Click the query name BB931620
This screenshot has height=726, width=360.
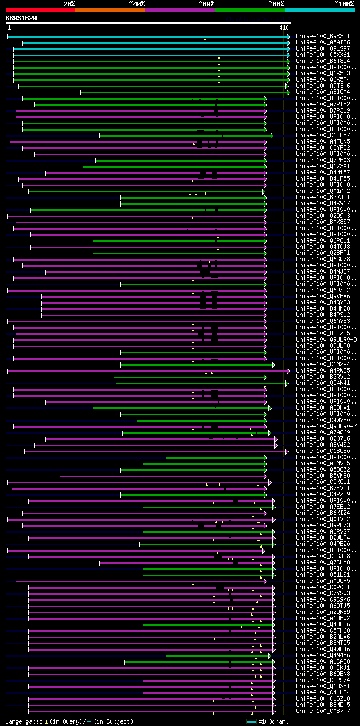click(21, 18)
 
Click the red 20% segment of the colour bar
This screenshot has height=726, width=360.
click(40, 10)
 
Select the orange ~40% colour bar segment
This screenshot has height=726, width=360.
click(110, 10)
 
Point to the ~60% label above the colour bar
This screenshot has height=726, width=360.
click(206, 4)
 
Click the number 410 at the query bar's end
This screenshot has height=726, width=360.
click(283, 27)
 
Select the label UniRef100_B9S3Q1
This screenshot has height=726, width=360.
click(322, 36)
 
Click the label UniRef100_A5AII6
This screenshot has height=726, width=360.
click(322, 42)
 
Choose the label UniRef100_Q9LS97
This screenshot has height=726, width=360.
click(322, 48)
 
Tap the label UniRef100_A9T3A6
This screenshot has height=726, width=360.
click(322, 86)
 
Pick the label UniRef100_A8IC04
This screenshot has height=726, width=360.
click(322, 92)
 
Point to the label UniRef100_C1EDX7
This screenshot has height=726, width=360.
click(322, 135)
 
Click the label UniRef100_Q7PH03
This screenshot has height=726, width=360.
click(322, 160)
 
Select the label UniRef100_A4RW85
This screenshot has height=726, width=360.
click(322, 370)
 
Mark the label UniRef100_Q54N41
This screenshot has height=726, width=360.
click(322, 383)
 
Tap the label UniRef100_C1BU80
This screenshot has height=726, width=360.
click(322, 451)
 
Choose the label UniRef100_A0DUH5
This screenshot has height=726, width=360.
click(322, 581)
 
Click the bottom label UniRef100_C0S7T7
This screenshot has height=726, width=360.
click(322, 711)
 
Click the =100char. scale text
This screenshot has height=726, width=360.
click(276, 721)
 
